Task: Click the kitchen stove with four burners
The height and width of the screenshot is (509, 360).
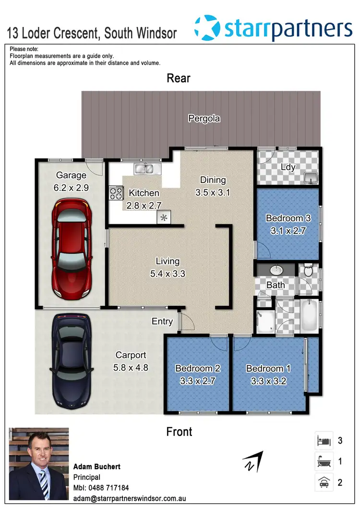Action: point(116,193)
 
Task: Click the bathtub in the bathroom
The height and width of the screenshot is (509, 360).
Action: point(310,315)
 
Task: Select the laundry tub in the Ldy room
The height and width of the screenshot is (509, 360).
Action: point(312,178)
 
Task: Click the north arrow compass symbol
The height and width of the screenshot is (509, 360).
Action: point(253,461)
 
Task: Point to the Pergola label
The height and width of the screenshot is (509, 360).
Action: point(204,118)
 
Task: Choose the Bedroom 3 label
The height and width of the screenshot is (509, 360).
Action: point(288,218)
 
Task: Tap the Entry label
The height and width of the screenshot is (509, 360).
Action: point(162,321)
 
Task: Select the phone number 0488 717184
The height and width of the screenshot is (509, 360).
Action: point(108,487)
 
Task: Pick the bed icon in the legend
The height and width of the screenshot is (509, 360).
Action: point(323,440)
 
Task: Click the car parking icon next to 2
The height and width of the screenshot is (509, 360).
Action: point(323,482)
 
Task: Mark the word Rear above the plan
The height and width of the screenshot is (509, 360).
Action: point(179,78)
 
